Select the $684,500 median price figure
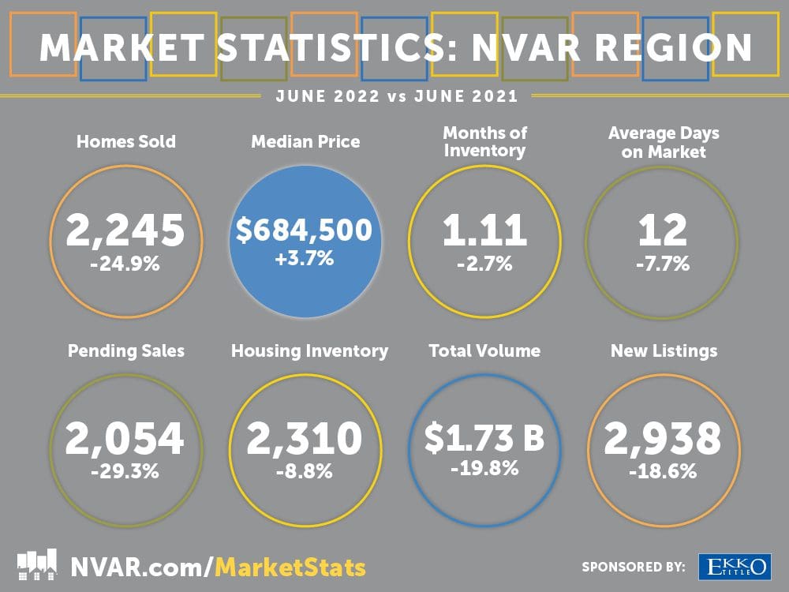pyautogui.click(x=304, y=230)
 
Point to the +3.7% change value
pyautogui.click(x=304, y=258)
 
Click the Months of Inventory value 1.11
pyautogui.click(x=484, y=230)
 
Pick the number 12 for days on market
pyautogui.click(x=663, y=230)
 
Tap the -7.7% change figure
pyautogui.click(x=663, y=263)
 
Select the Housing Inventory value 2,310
pyautogui.click(x=304, y=439)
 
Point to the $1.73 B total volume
pyautogui.click(x=484, y=439)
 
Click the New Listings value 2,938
pyautogui.click(x=663, y=439)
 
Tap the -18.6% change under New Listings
pyautogui.click(x=663, y=472)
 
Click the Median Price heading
pyautogui.click(x=305, y=142)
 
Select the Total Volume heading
pyautogui.click(x=484, y=350)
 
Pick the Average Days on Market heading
pyautogui.click(x=664, y=142)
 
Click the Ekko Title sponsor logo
pyautogui.click(x=733, y=566)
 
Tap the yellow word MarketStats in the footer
pyautogui.click(x=290, y=567)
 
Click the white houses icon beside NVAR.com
pyautogui.click(x=37, y=565)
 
